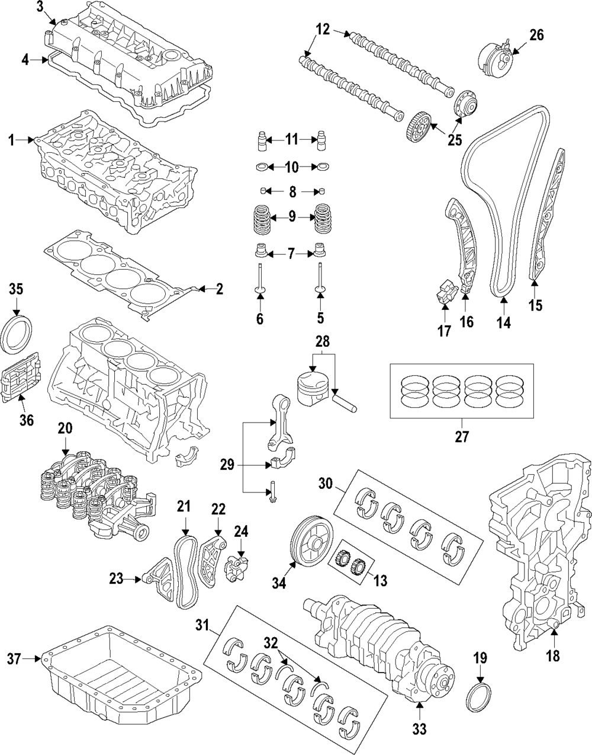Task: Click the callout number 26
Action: point(536,35)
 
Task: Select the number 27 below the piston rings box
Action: point(462,437)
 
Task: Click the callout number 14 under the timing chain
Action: point(503,323)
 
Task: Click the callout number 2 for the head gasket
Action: point(219,289)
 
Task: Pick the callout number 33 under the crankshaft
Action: point(419,728)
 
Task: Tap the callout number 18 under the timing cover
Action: point(553,655)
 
